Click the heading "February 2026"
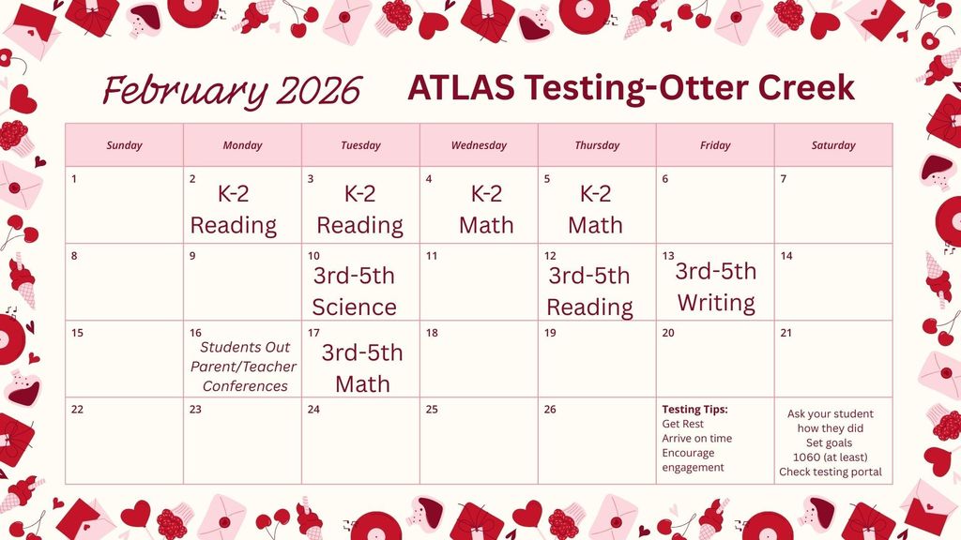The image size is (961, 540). [x=232, y=91]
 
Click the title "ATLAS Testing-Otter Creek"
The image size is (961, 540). [x=631, y=88]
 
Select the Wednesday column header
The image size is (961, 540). [x=479, y=145]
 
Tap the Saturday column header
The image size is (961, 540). [x=833, y=145]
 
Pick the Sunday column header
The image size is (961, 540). [x=124, y=145]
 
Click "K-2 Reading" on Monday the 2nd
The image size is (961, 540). [x=234, y=210]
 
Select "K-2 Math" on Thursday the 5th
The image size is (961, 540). [x=595, y=210]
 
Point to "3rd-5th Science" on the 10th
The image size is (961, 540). [x=354, y=292]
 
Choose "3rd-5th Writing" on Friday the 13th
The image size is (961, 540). [x=716, y=287]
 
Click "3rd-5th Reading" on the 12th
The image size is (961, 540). [x=589, y=292]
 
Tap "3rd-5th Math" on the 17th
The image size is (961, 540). [x=362, y=367]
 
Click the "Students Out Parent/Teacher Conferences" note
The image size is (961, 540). [x=244, y=367]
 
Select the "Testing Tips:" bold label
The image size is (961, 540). [x=694, y=410]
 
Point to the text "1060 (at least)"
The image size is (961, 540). [x=831, y=457]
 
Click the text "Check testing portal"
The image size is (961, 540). [x=831, y=472]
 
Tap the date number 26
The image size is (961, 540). [x=550, y=409]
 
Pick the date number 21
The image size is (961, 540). [x=786, y=333]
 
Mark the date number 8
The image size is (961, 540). [x=75, y=256]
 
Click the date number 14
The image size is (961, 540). [x=786, y=256]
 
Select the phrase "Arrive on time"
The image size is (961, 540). [x=696, y=439]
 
